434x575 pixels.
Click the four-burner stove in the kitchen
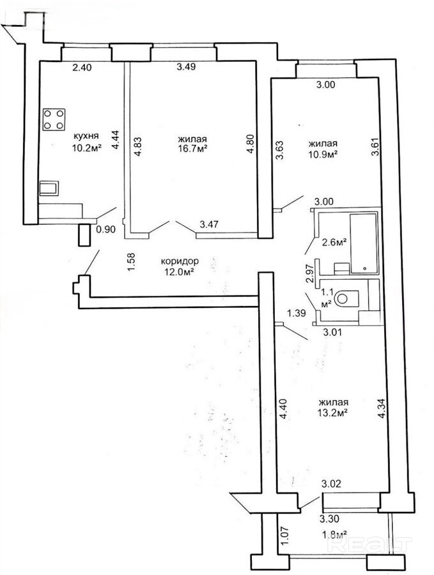[54, 119]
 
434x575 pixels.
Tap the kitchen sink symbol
[49, 188]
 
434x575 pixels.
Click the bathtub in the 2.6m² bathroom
[364, 243]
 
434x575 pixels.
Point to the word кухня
[86, 136]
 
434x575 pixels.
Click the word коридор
[180, 261]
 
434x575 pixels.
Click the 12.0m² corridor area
[180, 272]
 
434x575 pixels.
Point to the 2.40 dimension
[81, 67]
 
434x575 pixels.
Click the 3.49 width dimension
[186, 66]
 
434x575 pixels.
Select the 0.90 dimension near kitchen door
[105, 229]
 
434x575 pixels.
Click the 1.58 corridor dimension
[131, 262]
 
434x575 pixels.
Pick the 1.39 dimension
[296, 313]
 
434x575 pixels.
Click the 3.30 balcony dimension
[329, 519]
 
